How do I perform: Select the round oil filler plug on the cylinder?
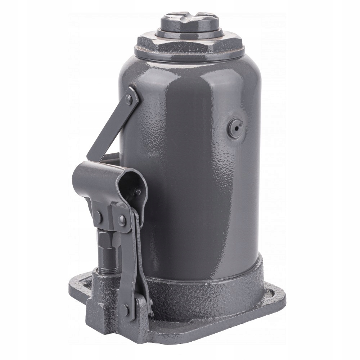click(x=236, y=127)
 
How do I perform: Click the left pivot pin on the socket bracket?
click(x=98, y=216)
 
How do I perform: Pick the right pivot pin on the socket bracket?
click(x=122, y=219)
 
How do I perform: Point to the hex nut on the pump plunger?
click(x=107, y=239)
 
